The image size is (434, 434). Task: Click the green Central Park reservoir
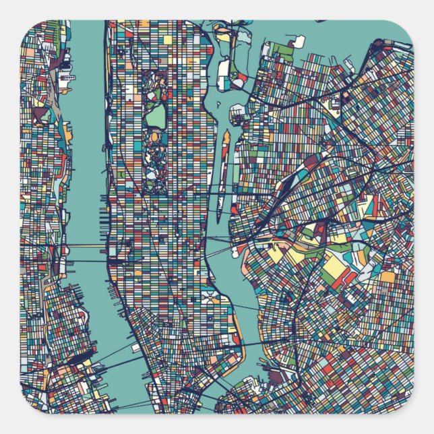pos(156,118)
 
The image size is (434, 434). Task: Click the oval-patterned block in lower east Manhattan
pos(208,297)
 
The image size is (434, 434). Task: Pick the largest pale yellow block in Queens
pos(334,269)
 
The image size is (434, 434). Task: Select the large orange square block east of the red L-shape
pos(387,276)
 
